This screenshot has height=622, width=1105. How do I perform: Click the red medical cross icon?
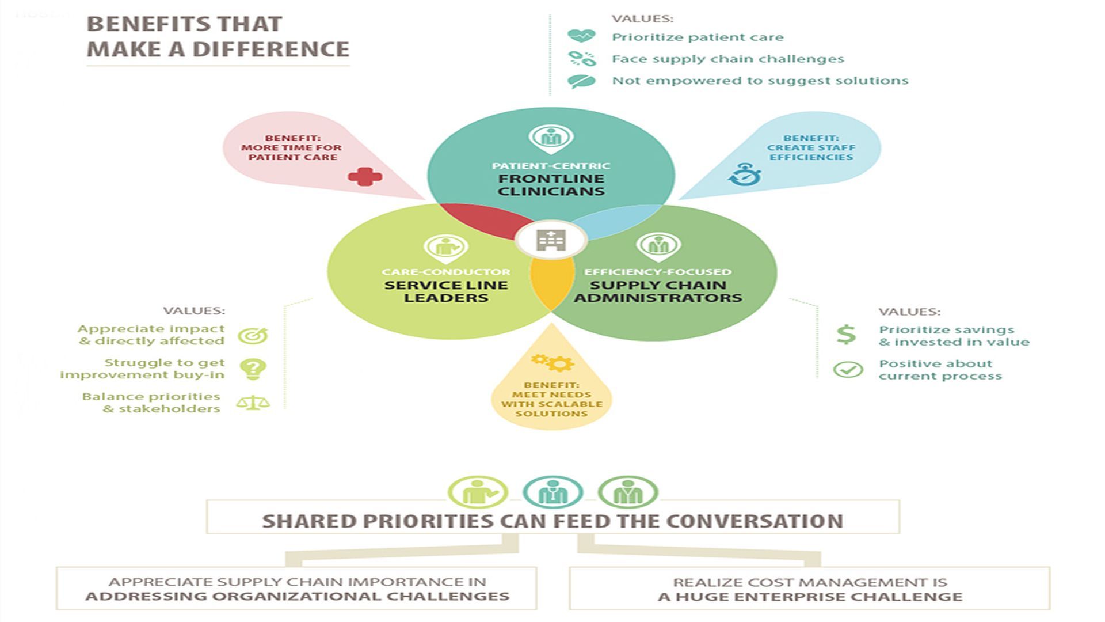tap(365, 177)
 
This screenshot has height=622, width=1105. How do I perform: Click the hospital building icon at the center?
tap(551, 240)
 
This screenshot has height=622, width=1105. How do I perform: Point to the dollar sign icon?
tap(846, 335)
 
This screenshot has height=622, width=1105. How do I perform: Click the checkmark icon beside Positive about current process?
tap(848, 369)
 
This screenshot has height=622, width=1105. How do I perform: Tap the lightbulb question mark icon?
tap(253, 369)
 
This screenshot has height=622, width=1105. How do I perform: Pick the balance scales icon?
tap(253, 403)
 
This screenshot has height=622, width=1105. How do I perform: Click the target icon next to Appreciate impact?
tap(253, 335)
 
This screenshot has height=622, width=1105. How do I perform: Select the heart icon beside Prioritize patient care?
tap(581, 36)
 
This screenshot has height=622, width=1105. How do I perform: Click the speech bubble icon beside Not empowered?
tap(581, 81)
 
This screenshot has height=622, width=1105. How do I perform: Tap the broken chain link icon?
tap(581, 58)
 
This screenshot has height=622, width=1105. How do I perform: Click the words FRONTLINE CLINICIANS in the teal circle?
tap(551, 185)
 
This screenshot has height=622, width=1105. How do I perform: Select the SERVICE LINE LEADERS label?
tap(446, 291)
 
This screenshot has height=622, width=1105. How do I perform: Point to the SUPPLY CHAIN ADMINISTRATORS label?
tap(658, 291)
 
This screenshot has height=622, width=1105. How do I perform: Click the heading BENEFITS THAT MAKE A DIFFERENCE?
tap(218, 37)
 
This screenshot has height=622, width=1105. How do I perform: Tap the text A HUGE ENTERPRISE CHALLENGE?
tap(810, 597)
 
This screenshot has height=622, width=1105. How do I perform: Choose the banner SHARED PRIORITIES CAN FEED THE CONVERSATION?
tap(552, 521)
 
